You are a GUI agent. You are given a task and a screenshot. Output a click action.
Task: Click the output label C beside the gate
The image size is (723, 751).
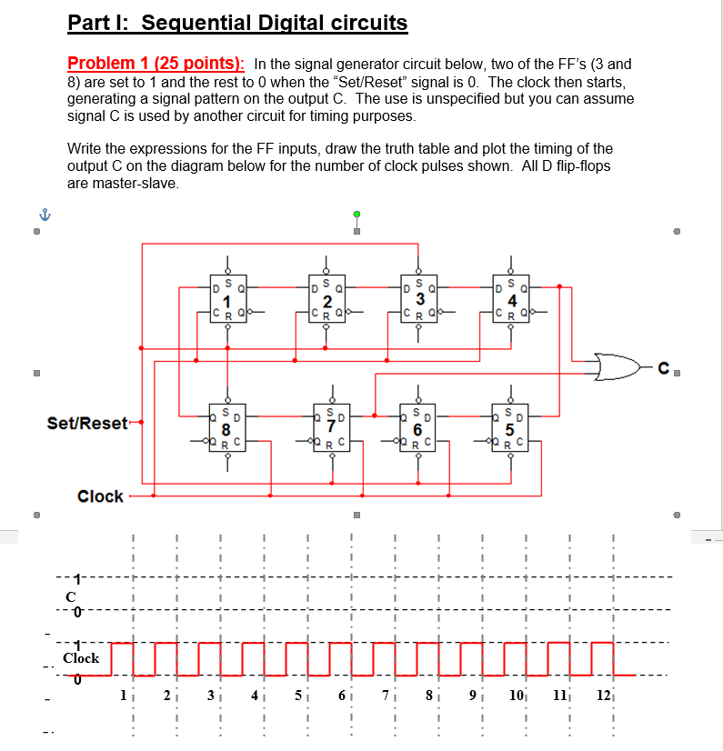[x=666, y=369]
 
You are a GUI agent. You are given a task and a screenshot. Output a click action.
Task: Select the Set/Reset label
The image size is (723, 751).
[x=86, y=423]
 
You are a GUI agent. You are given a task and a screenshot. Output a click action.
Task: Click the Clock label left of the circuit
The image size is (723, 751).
[x=100, y=496]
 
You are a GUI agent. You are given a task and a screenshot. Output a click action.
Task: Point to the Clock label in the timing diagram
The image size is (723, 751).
[x=81, y=657]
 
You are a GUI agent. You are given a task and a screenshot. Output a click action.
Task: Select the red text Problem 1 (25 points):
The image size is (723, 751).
[x=156, y=64]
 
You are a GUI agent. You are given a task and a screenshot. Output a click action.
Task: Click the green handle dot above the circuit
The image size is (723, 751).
[x=356, y=214]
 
